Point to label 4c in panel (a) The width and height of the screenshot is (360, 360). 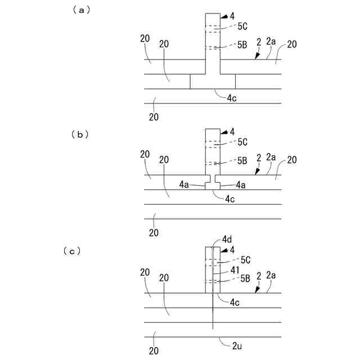coord(232,98)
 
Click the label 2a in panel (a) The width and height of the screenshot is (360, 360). coord(272,41)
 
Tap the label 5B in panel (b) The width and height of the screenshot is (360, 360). coord(242,161)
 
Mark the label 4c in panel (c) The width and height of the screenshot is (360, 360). coord(236,302)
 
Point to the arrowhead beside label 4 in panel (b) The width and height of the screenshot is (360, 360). coord(223,132)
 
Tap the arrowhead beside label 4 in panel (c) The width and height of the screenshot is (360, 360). coord(223,250)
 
